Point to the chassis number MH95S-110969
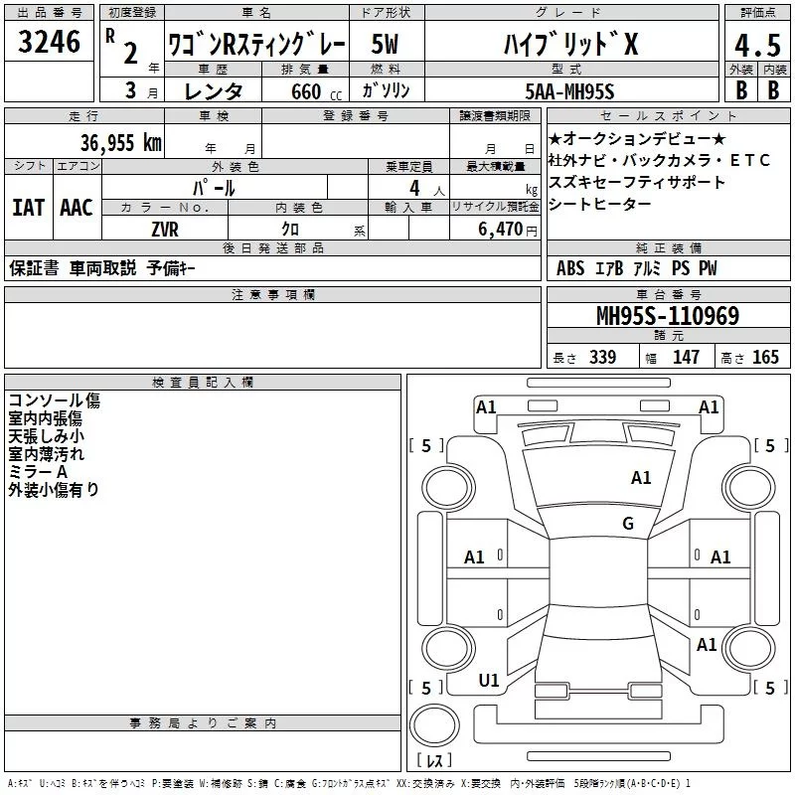click(x=667, y=317)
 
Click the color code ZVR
click(x=165, y=229)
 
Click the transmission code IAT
click(x=28, y=208)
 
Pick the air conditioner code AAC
click(x=76, y=208)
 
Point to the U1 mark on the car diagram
click(x=489, y=680)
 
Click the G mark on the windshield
click(x=628, y=524)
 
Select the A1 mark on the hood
click(x=641, y=478)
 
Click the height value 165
click(x=766, y=358)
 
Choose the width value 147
click(x=686, y=358)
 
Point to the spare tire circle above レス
click(x=433, y=727)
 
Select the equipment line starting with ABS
click(x=636, y=268)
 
